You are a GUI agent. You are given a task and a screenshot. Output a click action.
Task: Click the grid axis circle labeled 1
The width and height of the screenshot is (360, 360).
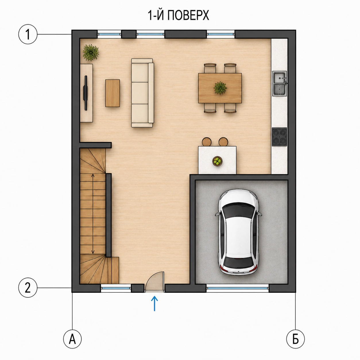(28, 34)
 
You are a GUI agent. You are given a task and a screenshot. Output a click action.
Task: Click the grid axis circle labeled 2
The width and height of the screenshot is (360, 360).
(28, 288)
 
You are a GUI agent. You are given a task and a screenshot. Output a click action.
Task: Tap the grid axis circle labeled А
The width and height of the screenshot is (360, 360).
(72, 339)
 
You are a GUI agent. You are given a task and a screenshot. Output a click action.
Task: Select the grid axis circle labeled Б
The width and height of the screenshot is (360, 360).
(295, 339)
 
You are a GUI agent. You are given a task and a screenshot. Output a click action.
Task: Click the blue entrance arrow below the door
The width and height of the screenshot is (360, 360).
(154, 303)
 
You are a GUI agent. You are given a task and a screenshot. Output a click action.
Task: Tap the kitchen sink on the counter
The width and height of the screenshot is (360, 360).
(280, 84)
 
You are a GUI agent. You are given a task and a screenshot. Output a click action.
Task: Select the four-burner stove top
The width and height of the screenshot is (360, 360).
(280, 137)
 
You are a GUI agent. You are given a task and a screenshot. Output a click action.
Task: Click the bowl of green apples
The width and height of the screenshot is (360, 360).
(217, 161)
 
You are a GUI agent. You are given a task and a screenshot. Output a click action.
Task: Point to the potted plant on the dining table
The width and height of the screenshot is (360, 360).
(220, 88)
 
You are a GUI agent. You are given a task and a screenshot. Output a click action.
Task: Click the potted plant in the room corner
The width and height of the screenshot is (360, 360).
(91, 53)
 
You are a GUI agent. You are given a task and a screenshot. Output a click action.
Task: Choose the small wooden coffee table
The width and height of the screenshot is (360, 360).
(113, 93)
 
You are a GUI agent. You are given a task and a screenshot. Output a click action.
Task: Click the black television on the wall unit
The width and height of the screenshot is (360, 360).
(86, 93)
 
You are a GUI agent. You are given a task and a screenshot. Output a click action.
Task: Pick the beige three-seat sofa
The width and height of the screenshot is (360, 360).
(143, 93)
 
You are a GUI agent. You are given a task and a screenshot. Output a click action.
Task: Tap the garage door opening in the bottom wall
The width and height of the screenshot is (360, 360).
(238, 288)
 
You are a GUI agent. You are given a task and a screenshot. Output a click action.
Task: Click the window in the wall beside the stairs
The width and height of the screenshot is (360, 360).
(116, 288)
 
